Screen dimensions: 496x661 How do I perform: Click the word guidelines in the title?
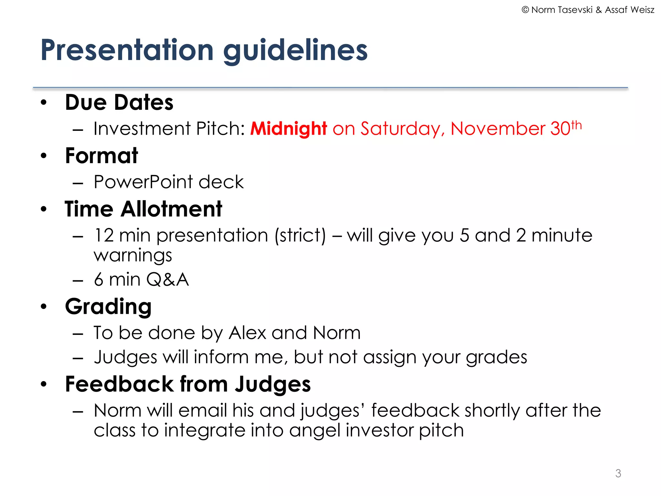295,51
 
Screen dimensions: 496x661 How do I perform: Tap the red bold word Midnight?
289,129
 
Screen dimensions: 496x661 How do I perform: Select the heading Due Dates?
119,102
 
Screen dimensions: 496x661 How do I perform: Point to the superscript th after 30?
576,125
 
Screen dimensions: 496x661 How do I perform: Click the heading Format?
101,156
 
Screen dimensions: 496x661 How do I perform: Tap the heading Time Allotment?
143,209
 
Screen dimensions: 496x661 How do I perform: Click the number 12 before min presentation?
104,235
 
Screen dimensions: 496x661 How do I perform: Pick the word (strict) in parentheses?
300,235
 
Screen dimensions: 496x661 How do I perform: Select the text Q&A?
167,279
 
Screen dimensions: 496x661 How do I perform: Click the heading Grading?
108,306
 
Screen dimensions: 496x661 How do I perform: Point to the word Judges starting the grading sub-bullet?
125,357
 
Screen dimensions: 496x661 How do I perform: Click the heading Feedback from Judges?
188,384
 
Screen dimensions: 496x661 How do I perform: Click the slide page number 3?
618,473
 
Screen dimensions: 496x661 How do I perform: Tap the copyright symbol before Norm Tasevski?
525,10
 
